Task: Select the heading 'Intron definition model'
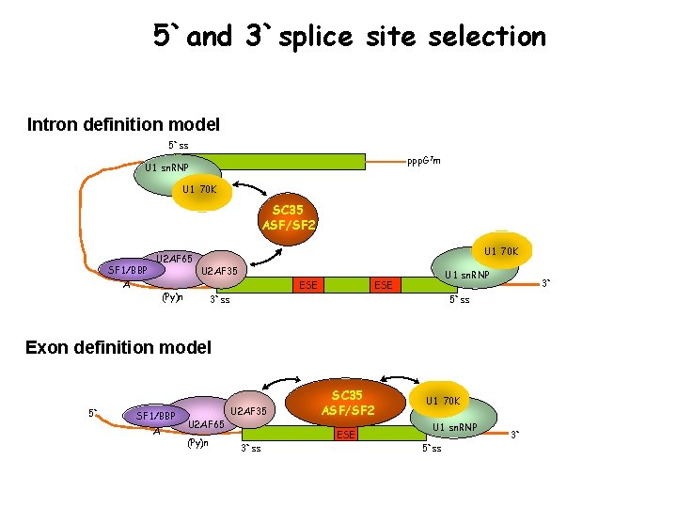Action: pos(123,124)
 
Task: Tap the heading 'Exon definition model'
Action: pos(118,347)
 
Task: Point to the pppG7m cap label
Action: pos(423,161)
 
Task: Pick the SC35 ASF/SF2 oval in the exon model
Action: pos(347,403)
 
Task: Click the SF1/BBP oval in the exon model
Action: pos(156,415)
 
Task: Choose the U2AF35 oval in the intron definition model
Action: pos(218,272)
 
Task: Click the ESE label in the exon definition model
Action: pos(346,435)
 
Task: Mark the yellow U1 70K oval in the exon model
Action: pos(443,401)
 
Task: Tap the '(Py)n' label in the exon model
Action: pos(198,442)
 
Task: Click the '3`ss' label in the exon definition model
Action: pos(251,448)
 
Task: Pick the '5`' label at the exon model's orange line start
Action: pos(92,412)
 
